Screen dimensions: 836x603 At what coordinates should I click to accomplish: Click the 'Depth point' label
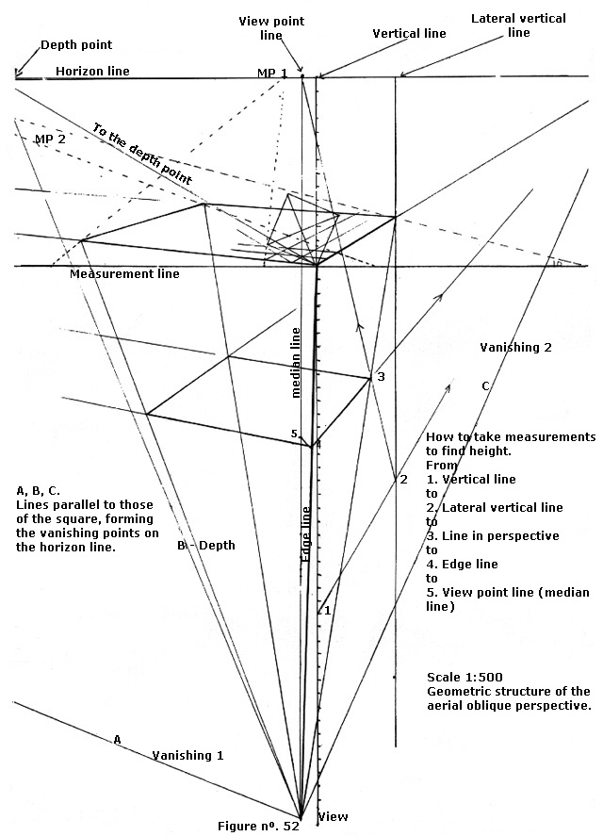pyautogui.click(x=76, y=45)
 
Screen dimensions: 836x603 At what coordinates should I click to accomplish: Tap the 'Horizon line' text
pyautogui.click(x=92, y=71)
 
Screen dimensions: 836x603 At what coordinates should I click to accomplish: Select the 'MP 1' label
pyautogui.click(x=272, y=74)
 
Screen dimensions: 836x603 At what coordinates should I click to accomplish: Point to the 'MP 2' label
pyautogui.click(x=50, y=139)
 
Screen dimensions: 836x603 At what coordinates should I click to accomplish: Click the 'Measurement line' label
pyautogui.click(x=125, y=274)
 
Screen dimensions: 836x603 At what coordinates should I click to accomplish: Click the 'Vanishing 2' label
pyautogui.click(x=515, y=348)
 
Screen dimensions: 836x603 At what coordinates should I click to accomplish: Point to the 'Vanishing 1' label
pyautogui.click(x=188, y=756)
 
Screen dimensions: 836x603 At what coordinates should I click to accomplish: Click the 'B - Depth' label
pyautogui.click(x=206, y=546)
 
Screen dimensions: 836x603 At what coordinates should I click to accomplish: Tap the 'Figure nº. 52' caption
pyautogui.click(x=258, y=826)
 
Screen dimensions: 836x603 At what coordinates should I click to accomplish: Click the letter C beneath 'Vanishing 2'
pyautogui.click(x=485, y=385)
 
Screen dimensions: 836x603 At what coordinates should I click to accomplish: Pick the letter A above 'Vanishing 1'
pyautogui.click(x=118, y=740)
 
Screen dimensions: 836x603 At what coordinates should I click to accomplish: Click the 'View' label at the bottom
pyautogui.click(x=334, y=816)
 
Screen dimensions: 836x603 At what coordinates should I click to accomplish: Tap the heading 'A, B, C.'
pyautogui.click(x=39, y=491)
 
